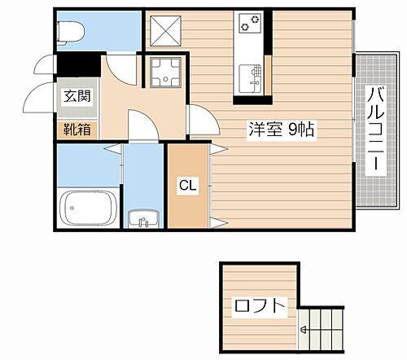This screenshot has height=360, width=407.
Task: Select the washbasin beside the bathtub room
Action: pyautogui.click(x=143, y=218)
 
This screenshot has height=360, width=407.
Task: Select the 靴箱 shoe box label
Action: pyautogui.click(x=79, y=129)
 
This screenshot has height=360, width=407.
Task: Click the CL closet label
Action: pyautogui.click(x=187, y=185)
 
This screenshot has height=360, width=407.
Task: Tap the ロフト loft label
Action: pyautogui.click(x=260, y=307)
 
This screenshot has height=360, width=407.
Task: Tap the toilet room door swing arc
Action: pyautogui.click(x=120, y=68)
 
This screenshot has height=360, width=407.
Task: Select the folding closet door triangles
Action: pyautogui.click(x=217, y=185)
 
